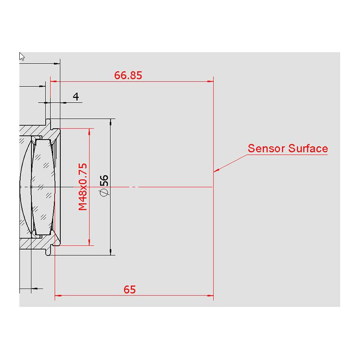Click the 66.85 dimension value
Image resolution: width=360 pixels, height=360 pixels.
[128, 75]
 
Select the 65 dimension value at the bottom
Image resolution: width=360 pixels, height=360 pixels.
[129, 289]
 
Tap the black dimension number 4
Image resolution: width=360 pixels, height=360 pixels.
[76, 96]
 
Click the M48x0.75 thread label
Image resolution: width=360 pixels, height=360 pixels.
[82, 187]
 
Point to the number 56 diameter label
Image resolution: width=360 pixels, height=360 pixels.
[104, 180]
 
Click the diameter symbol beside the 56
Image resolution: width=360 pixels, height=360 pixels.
[104, 192]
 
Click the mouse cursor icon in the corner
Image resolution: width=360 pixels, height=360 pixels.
[22, 56]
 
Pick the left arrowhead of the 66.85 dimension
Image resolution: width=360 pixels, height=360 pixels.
[53, 81]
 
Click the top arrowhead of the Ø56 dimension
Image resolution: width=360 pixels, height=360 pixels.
[111, 122]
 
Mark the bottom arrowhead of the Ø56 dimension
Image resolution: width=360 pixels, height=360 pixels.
[111, 252]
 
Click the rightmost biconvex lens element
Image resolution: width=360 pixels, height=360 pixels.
[45, 187]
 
